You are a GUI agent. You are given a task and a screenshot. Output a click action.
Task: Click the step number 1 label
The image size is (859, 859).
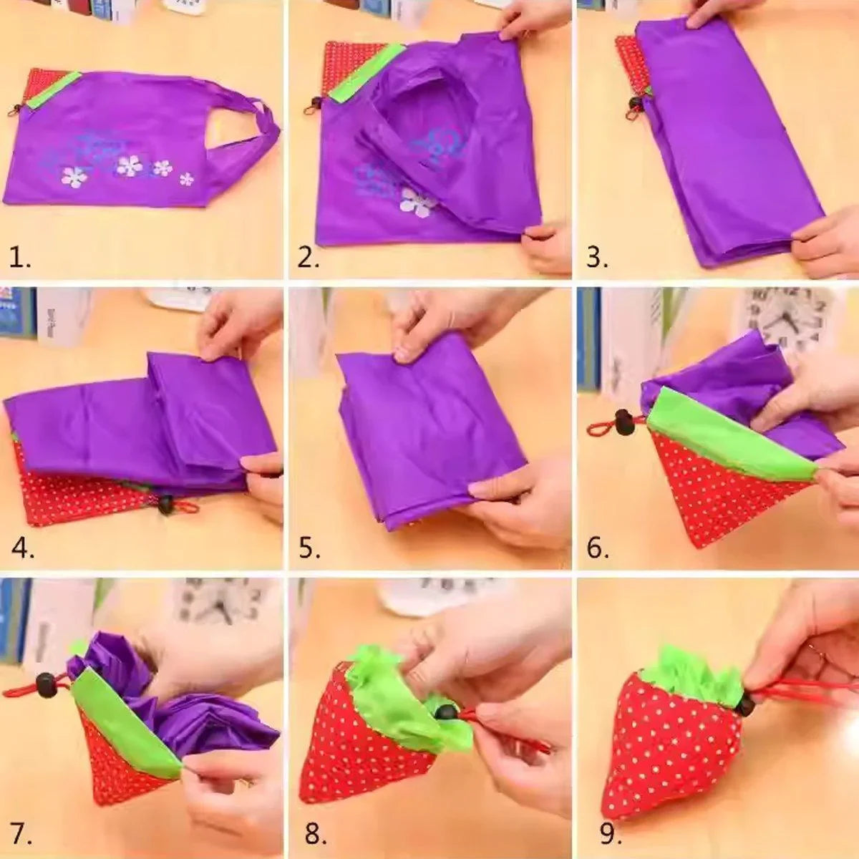point(20,256)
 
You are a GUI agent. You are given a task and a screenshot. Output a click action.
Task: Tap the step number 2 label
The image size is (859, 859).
point(309,256)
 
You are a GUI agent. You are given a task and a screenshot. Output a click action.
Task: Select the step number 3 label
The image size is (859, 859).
point(596,256)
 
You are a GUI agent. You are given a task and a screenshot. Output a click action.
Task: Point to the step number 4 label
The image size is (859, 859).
point(22,547)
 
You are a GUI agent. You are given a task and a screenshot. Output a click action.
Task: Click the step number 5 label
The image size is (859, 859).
point(309,548)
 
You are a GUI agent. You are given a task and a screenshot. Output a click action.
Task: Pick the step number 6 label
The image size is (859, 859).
point(598,548)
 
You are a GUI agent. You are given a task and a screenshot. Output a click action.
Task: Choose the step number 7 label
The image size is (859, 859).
point(21,833)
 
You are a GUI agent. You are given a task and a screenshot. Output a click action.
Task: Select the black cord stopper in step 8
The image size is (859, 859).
point(446,712)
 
